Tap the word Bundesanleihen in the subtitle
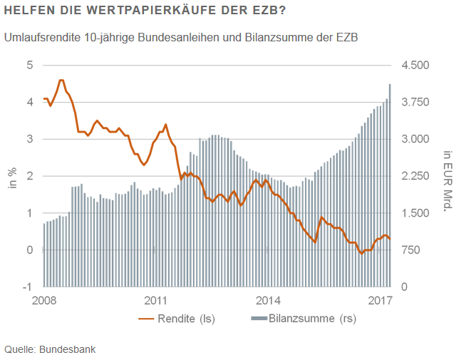tap(152, 36)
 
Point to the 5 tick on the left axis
tap(30, 65)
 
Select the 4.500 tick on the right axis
tap(417, 65)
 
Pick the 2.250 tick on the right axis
tap(417, 176)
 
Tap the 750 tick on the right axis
tap(412, 250)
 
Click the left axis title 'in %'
tap(12, 176)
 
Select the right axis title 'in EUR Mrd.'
tap(447, 180)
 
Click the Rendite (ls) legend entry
tap(173, 319)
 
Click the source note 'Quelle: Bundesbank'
tap(50, 349)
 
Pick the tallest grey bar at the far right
tap(389, 185)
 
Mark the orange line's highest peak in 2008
tap(62, 81)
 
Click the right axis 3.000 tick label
tap(417, 139)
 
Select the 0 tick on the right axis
tap(405, 287)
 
